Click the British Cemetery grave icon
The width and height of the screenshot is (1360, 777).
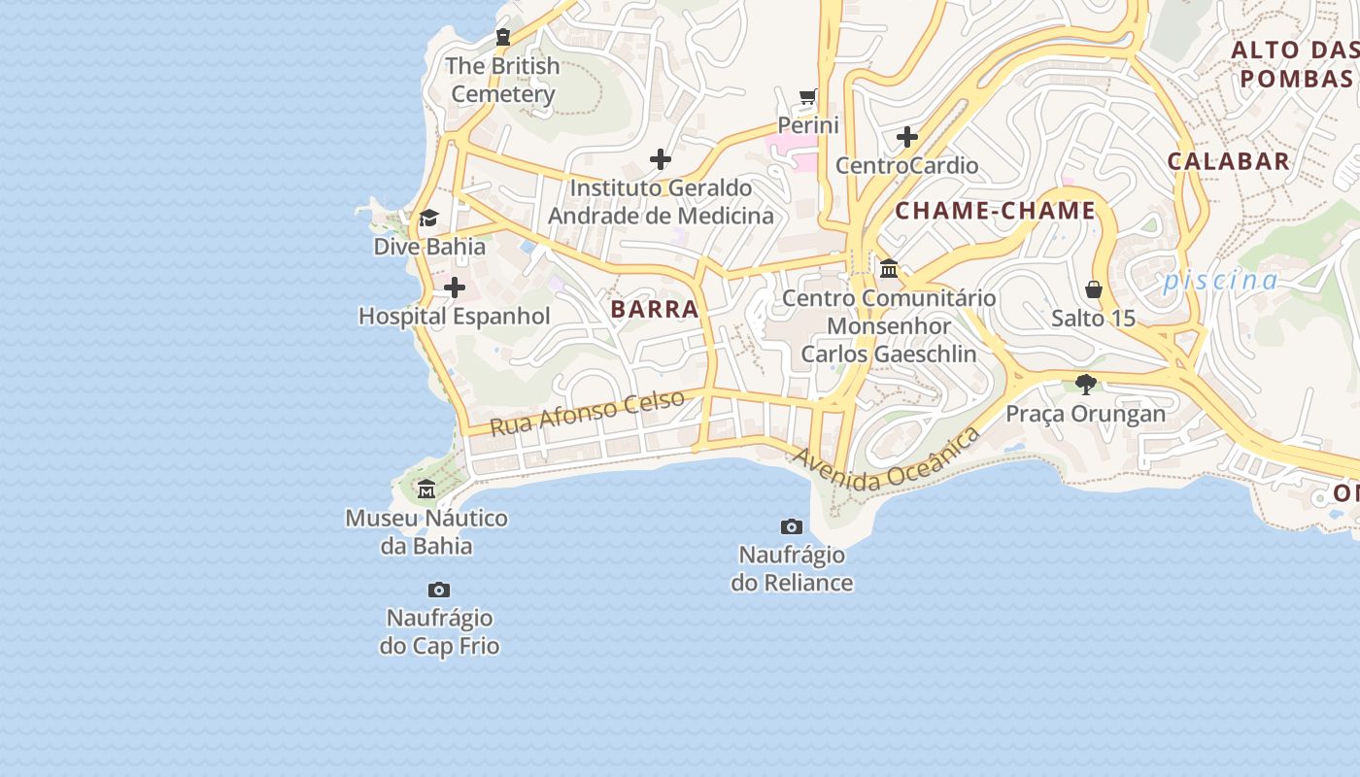502,38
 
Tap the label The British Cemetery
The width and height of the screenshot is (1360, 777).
502,80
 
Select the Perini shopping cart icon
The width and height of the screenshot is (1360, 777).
807,96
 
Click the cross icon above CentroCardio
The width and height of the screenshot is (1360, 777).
906,137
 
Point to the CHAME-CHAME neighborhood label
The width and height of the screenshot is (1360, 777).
995,211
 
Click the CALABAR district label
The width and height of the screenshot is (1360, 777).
1228,161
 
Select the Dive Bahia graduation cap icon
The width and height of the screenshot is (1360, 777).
428,218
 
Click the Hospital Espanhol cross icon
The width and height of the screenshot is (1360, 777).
454,287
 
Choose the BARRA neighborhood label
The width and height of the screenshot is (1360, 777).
655,310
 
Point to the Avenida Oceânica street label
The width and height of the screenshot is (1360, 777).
886,461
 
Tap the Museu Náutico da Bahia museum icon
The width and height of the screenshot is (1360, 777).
425,489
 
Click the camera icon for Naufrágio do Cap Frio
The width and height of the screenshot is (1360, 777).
439,590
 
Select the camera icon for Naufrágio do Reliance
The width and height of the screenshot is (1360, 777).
792,526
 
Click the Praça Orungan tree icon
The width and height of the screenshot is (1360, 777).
1085,385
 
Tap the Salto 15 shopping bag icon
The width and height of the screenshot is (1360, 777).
1094,289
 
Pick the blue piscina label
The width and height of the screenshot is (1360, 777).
1220,281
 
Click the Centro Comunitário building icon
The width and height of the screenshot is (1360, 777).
888,268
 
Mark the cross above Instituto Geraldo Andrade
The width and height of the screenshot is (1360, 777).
661,159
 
